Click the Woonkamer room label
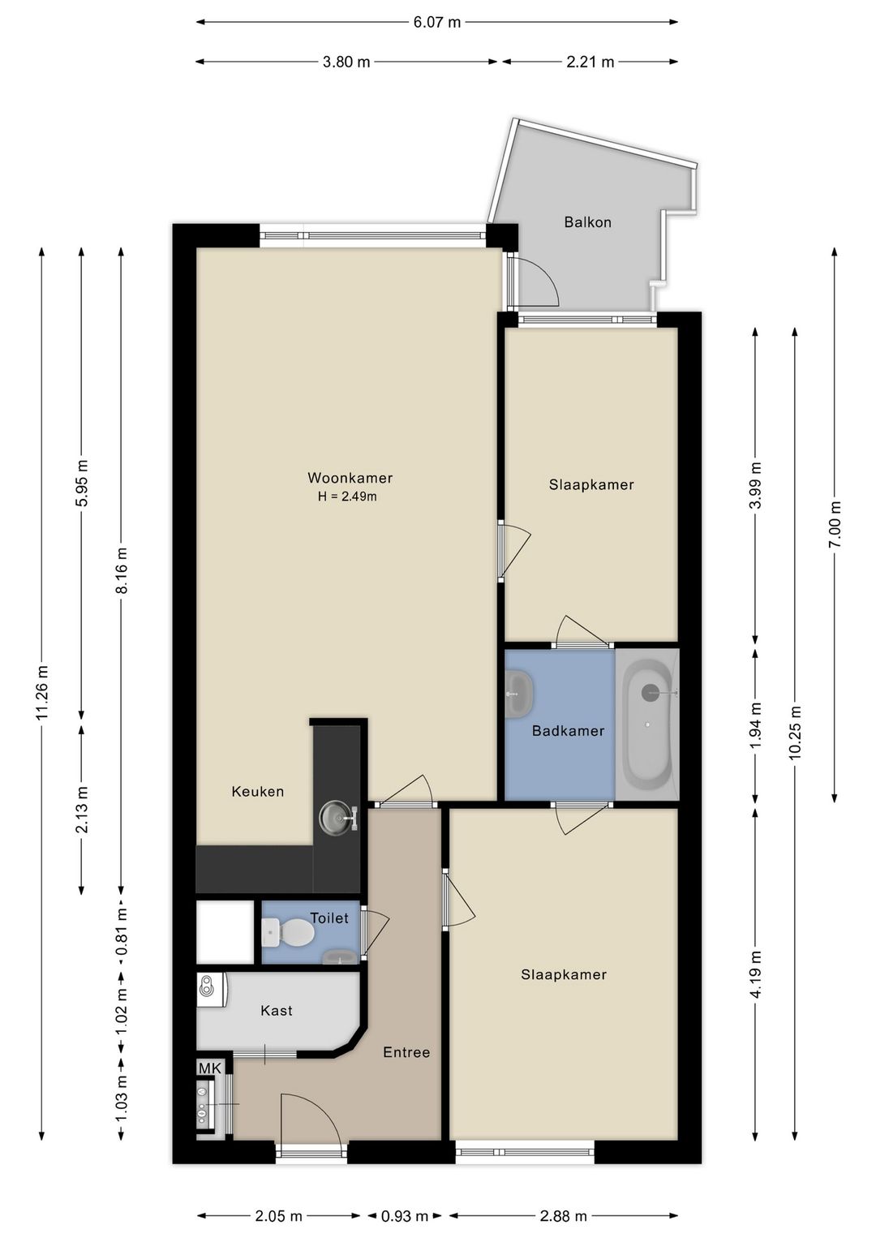pyautogui.click(x=350, y=478)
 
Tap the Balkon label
pyautogui.click(x=587, y=222)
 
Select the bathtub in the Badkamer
pyautogui.click(x=646, y=724)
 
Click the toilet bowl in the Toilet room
pyautogui.click(x=289, y=932)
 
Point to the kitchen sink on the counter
pyautogui.click(x=337, y=816)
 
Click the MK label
pyautogui.click(x=209, y=1068)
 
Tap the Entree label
pyautogui.click(x=407, y=1052)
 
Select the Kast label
pyautogui.click(x=277, y=1010)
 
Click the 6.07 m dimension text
pyautogui.click(x=437, y=22)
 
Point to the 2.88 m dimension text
pyautogui.click(x=563, y=1215)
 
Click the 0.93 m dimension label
pyautogui.click(x=405, y=1215)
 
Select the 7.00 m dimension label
pyautogui.click(x=835, y=524)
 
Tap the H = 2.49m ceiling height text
pyautogui.click(x=347, y=496)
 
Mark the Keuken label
pyautogui.click(x=258, y=792)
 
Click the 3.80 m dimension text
pyautogui.click(x=346, y=62)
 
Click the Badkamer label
pyautogui.click(x=568, y=731)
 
